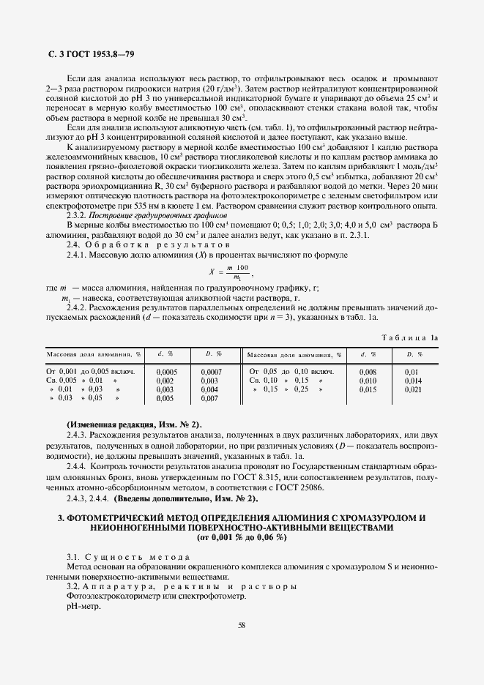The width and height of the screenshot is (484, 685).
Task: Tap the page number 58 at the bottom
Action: point(242,624)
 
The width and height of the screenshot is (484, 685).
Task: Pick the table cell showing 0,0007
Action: point(210,372)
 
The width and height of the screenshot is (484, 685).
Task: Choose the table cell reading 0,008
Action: point(368,372)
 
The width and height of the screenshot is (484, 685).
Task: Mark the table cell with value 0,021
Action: point(414,389)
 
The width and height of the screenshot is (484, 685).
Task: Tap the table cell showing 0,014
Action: point(414,381)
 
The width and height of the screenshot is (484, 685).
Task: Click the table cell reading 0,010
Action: point(368,381)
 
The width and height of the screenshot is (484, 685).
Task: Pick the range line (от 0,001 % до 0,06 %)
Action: point(242,537)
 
